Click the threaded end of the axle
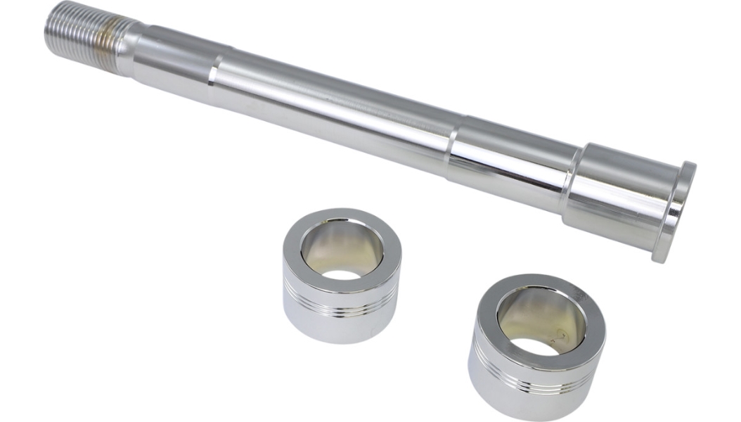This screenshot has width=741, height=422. click(x=74, y=34)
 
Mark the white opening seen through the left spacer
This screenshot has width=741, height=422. click(x=344, y=275)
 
